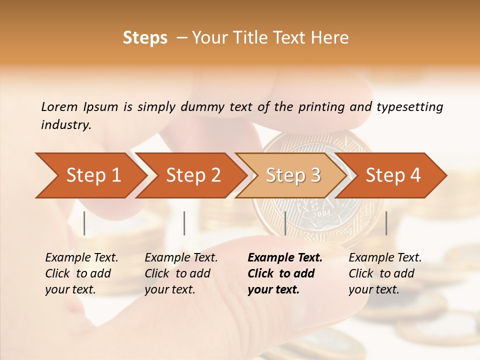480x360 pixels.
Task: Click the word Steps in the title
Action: (x=145, y=38)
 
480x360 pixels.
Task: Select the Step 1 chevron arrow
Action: (x=90, y=175)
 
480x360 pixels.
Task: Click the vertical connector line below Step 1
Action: (x=84, y=223)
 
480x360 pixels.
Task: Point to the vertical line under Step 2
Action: (x=184, y=223)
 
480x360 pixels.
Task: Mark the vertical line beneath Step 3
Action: (x=285, y=223)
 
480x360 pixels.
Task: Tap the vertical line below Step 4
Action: (x=386, y=223)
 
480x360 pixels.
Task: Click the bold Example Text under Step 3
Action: (x=284, y=273)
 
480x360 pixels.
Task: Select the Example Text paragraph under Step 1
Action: (x=81, y=273)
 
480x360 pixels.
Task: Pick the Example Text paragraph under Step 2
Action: (x=181, y=273)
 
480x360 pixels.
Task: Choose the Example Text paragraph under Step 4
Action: (x=385, y=273)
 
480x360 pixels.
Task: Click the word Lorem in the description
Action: (x=59, y=106)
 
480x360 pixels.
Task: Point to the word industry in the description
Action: (x=66, y=125)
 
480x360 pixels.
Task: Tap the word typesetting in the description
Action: (x=409, y=106)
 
